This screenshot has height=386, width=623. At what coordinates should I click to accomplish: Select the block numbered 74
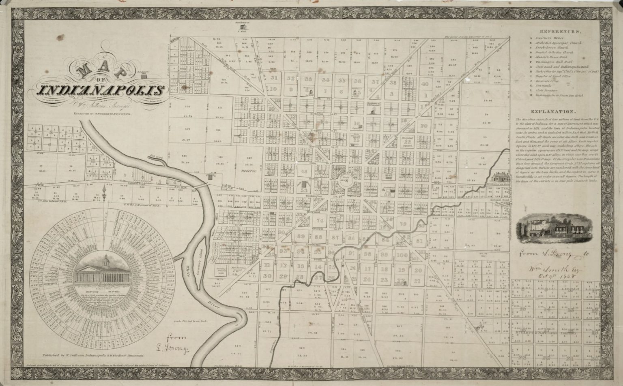pos(320,221)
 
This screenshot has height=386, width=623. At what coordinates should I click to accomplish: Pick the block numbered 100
pos(402,255)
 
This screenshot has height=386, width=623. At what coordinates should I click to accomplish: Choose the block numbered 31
pos(274,78)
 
